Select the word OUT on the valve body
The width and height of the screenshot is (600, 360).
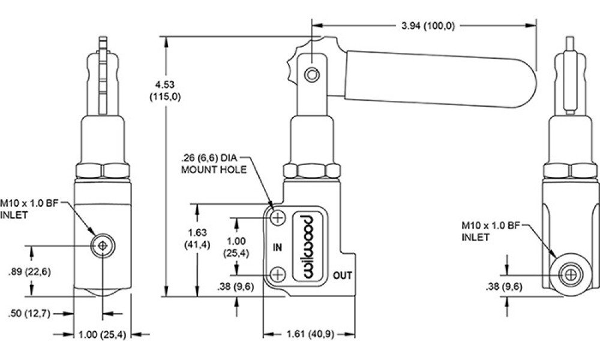(343, 275)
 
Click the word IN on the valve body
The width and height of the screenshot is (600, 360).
(277, 248)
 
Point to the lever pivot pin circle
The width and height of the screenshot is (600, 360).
(312, 74)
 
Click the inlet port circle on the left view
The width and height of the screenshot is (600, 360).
(103, 245)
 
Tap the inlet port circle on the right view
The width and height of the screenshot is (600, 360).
(571, 275)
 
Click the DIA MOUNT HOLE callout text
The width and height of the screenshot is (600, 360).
(214, 164)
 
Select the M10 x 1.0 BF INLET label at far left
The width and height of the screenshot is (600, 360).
(29, 209)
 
